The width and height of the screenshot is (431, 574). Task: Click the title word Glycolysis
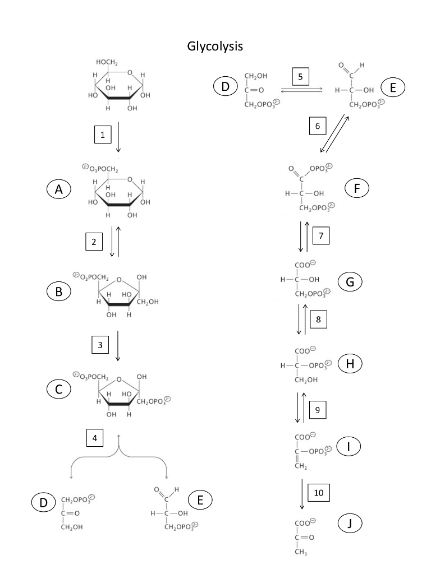(x=215, y=47)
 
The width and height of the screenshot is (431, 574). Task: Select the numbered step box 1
(x=103, y=135)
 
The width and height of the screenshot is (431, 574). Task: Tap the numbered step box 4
(x=95, y=437)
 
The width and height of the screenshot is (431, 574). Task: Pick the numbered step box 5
(x=300, y=76)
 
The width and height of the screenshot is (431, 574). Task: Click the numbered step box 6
(x=317, y=126)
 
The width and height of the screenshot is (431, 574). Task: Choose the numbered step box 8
(x=318, y=320)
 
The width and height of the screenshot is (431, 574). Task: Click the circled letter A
(x=59, y=191)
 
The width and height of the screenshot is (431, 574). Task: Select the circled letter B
(x=59, y=291)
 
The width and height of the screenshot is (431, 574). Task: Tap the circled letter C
(x=59, y=390)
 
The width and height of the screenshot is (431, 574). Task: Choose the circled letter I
(x=349, y=447)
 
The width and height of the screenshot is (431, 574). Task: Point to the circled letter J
(x=350, y=524)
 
